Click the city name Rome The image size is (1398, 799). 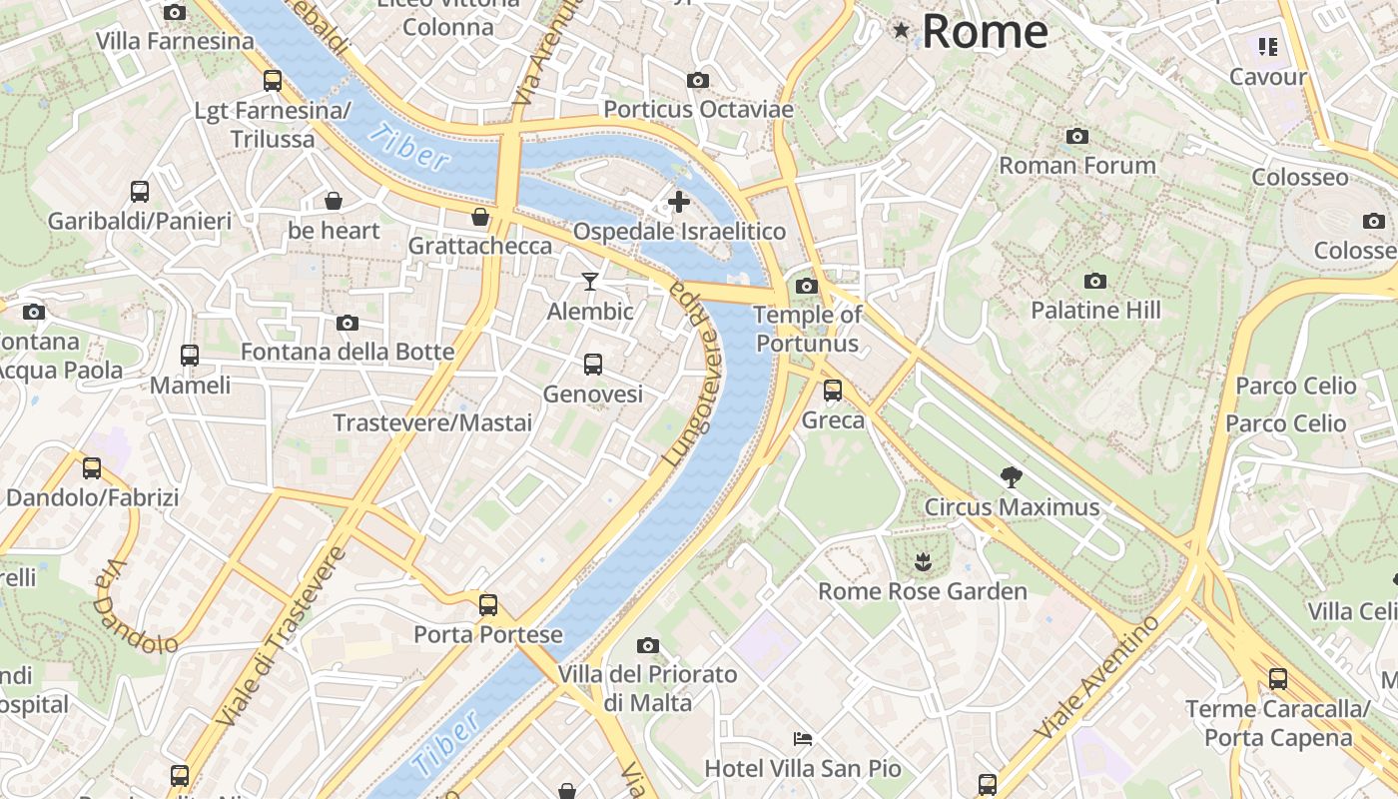point(985,32)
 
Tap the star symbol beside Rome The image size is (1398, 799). point(902,31)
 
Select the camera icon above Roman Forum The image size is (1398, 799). point(1076,136)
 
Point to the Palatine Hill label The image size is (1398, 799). point(1095,311)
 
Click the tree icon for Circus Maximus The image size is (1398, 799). point(1011,477)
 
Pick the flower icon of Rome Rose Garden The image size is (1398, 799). point(922,562)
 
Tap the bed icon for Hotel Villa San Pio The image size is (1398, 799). point(803,739)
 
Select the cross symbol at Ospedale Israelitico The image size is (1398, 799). point(679,203)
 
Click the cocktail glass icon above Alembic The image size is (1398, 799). point(590,282)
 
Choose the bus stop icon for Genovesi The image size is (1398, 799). point(593,365)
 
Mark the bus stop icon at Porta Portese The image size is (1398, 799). point(488,604)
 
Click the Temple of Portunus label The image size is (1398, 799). point(807,329)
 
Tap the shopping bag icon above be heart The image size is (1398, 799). point(334,201)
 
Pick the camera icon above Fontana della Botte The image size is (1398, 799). point(348,323)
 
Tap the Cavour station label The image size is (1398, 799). point(1268,77)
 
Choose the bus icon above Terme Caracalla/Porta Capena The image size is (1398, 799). point(1277,679)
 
